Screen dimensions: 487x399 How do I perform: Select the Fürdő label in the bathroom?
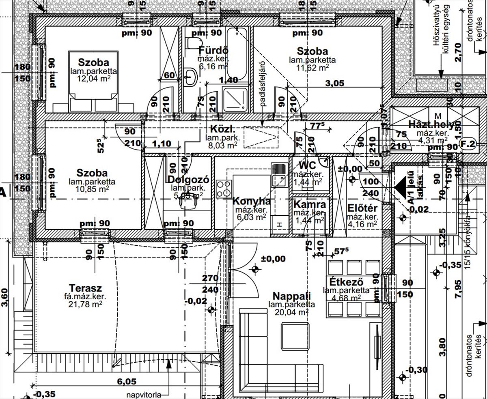tap(213, 51)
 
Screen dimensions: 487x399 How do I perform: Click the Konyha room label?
tap(251, 202)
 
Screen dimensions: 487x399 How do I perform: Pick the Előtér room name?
tap(362, 208)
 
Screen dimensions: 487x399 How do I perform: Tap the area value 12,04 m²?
tap(94, 78)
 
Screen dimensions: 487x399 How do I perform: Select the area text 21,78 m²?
tap(85, 304)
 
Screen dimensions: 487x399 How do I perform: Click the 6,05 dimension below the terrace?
tap(127, 381)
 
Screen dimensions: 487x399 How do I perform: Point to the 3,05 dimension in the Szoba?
tap(335, 83)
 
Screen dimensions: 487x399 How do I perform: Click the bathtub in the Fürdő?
tap(237, 54)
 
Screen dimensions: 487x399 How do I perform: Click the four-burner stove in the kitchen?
tap(224, 189)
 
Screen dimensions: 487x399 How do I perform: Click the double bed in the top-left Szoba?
tap(93, 81)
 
